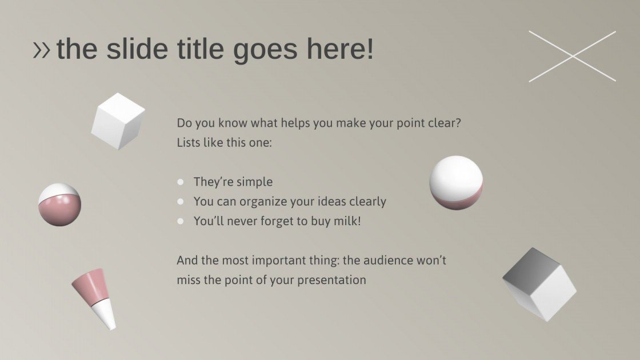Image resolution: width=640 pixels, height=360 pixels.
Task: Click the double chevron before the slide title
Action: [42, 50]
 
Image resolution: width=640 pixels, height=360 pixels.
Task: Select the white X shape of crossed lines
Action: [572, 56]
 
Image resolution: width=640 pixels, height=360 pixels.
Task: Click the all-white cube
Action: [118, 121]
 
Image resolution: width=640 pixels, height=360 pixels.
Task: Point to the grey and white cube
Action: [539, 283]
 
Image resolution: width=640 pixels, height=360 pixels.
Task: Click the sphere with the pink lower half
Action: [59, 205]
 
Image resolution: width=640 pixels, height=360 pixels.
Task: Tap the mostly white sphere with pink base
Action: [456, 182]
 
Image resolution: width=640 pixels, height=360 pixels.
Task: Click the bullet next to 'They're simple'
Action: [181, 182]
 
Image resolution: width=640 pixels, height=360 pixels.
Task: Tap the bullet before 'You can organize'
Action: [181, 202]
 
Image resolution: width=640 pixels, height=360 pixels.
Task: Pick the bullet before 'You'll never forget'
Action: [181, 221]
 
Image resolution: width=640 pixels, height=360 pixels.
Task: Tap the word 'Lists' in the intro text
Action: [189, 142]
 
